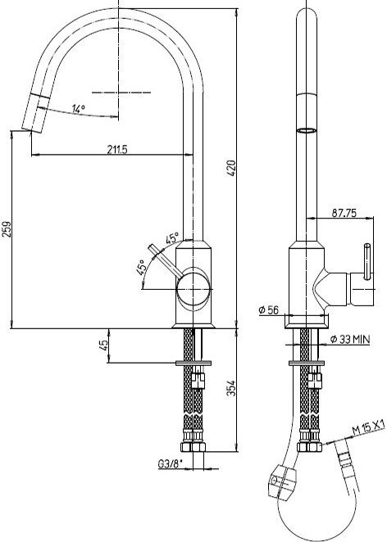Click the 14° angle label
point(79,109)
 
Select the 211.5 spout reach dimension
point(117,149)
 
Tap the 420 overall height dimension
point(231,168)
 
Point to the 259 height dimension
point(7,228)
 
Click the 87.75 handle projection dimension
point(344,213)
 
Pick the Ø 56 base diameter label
point(269,309)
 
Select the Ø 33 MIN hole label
point(350,339)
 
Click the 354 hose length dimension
point(231,388)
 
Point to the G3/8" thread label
point(170,464)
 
